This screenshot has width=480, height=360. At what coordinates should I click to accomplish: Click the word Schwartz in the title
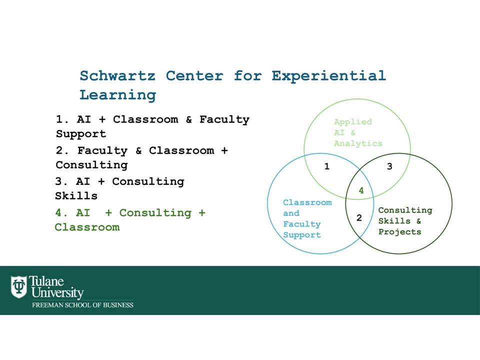pos(117,75)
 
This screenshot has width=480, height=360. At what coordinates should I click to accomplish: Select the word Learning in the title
pos(118,95)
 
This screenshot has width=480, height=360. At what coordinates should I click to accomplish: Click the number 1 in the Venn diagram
pos(327,166)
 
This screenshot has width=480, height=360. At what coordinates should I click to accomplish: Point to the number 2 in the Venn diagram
pos(359,217)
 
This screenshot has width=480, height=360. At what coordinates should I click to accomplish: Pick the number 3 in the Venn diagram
pos(389,166)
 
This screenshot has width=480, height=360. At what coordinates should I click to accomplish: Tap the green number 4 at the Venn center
pos(361,190)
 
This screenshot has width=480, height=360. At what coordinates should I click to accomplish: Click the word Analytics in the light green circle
pos(358,143)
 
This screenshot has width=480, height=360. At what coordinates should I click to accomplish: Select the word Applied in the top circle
pos(353,122)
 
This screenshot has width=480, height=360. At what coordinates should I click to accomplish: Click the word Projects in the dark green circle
pos(400,232)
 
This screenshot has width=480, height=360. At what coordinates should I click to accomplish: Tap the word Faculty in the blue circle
pos(302,224)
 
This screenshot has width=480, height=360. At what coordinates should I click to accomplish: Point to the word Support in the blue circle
pos(302,235)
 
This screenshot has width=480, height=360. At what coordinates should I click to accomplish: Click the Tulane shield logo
pos(19,287)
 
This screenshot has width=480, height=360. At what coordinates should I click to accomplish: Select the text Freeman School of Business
pos(82,305)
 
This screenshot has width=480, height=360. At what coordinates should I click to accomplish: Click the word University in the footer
pos(57,292)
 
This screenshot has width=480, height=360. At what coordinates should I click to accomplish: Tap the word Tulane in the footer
pos(46,281)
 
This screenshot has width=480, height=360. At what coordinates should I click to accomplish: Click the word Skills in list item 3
pos(76,196)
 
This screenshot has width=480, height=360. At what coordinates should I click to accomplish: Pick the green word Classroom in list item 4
pos(87,227)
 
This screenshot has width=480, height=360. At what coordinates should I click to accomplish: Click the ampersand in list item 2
pos(138,150)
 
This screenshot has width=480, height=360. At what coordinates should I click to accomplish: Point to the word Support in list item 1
pos(81,134)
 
